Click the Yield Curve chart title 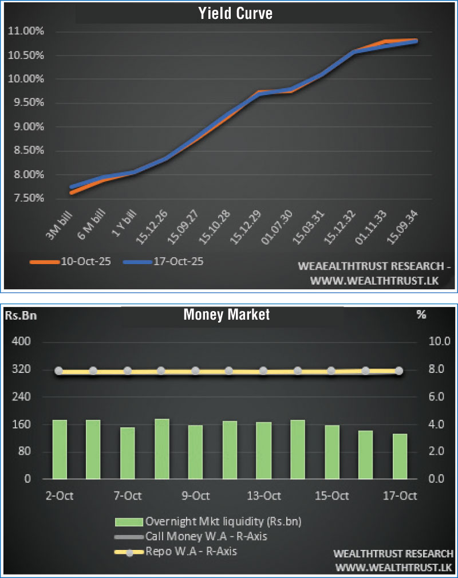pyautogui.click(x=235, y=13)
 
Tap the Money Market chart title pyautogui.click(x=226, y=314)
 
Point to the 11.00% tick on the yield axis pyautogui.click(x=26, y=31)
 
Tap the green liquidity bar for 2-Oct pyautogui.click(x=60, y=449)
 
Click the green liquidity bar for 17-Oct pyautogui.click(x=400, y=456)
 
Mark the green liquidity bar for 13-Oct pyautogui.click(x=263, y=450)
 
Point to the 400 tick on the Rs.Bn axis pyautogui.click(x=21, y=342)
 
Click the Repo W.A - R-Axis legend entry pyautogui.click(x=191, y=552)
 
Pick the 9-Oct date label pyautogui.click(x=196, y=496)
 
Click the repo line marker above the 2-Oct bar pyautogui.click(x=60, y=371)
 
